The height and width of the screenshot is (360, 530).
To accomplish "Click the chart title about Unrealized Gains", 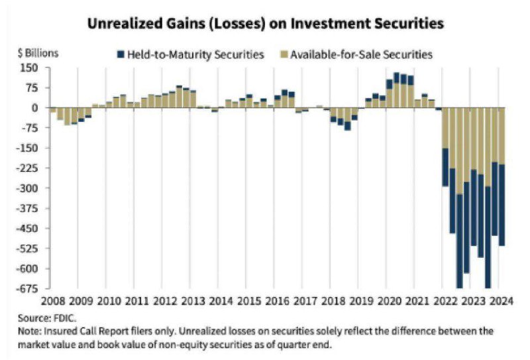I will click(266, 23).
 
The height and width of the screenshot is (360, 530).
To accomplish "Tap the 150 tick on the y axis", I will click(30, 68).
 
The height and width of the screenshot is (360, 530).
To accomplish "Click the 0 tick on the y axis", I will click(36, 107).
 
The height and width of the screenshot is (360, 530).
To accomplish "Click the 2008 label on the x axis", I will click(52, 300).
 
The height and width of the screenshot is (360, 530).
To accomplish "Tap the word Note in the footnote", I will click(29, 330).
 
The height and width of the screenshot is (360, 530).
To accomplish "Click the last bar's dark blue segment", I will click(502, 206).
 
